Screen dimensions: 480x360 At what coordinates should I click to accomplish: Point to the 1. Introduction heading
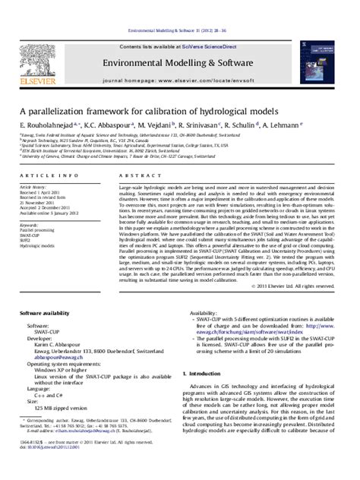(x=207, y=374)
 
